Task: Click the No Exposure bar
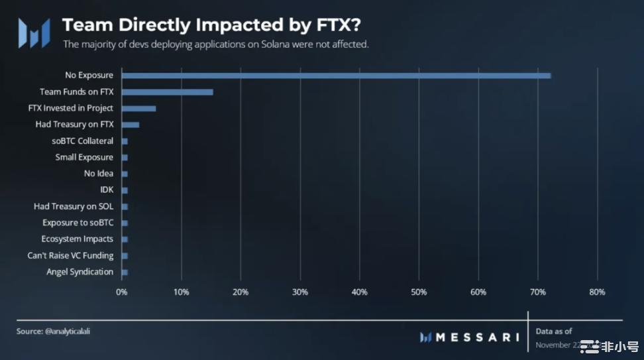coord(336,76)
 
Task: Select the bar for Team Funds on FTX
coord(167,91)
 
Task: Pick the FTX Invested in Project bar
coord(138,108)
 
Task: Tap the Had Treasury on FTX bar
coord(130,125)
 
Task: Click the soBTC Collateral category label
coord(82,141)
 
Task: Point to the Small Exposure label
coord(84,157)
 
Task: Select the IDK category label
coord(107,190)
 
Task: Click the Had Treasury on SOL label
coord(74,206)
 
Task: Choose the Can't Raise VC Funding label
coord(70,255)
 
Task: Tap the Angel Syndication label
coord(80,272)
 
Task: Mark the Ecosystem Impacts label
coord(77,239)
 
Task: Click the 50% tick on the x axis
coord(419,292)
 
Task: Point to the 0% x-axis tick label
coord(122,292)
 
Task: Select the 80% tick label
coord(597,292)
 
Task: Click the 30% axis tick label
coord(300,292)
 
